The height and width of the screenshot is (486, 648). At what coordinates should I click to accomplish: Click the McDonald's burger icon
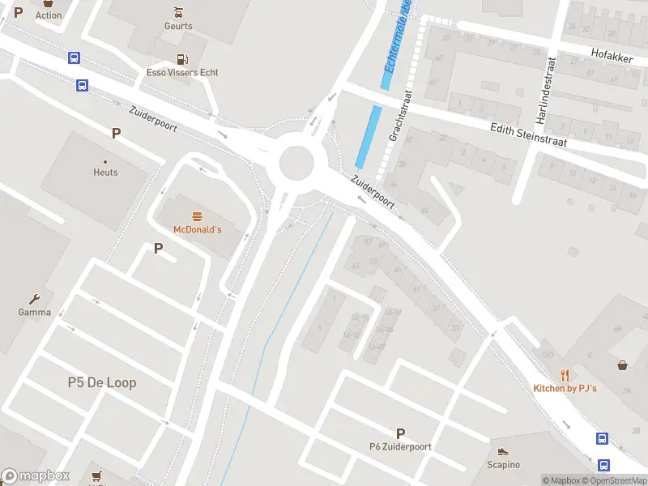click(197, 216)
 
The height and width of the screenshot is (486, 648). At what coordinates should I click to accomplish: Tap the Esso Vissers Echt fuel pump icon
click(182, 59)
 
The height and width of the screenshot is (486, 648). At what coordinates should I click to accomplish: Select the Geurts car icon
click(178, 12)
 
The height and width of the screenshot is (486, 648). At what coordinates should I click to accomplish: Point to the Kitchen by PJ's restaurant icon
click(565, 375)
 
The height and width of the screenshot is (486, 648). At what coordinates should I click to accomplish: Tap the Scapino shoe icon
click(503, 452)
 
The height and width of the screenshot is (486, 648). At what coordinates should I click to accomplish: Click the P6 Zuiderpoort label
click(400, 446)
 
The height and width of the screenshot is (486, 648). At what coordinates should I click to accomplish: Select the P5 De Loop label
click(102, 382)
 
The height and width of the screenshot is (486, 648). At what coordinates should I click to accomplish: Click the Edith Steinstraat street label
click(528, 134)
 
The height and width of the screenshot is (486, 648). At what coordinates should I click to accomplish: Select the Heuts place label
click(105, 173)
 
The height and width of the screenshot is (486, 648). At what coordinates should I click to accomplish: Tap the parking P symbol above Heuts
click(116, 134)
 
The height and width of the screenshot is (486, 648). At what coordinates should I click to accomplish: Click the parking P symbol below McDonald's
click(159, 249)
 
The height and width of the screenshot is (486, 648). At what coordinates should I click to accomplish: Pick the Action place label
click(49, 15)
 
